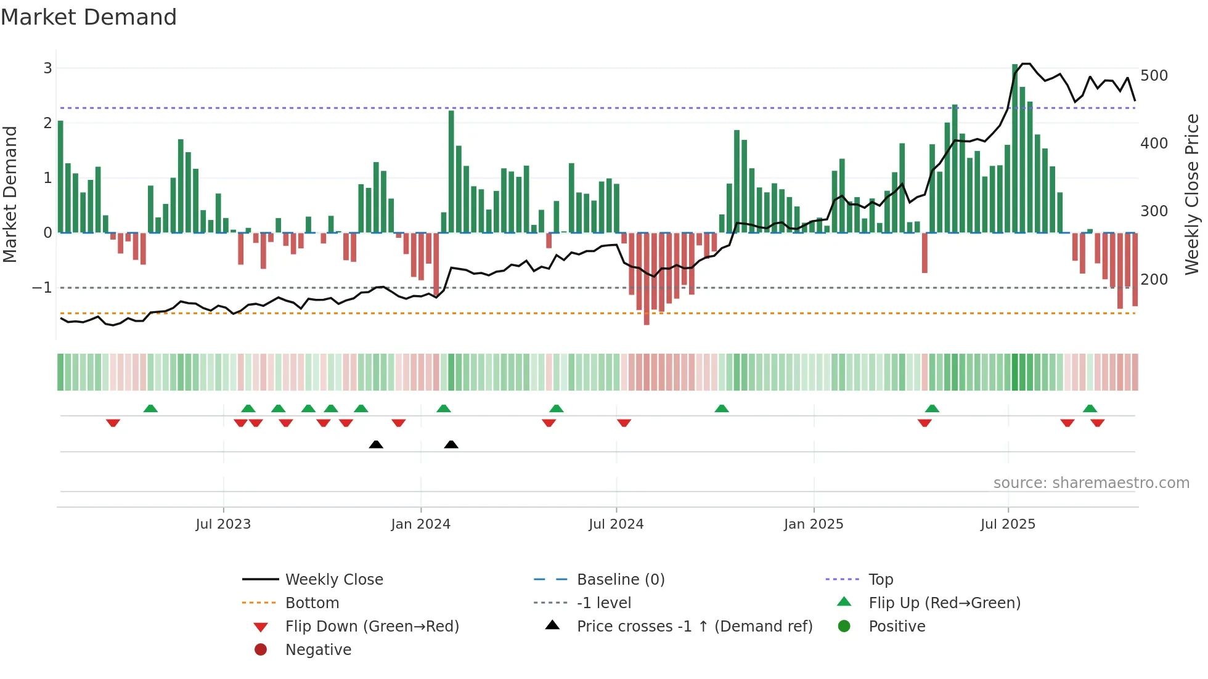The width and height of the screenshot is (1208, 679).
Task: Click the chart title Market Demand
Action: [89, 17]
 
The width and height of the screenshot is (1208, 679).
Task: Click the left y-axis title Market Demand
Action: [10, 195]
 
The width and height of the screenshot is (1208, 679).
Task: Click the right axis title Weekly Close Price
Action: [1192, 195]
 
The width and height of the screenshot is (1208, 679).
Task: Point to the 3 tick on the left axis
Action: [47, 68]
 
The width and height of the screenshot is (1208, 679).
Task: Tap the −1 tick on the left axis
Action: [42, 288]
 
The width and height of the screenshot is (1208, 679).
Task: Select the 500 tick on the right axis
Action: [1154, 76]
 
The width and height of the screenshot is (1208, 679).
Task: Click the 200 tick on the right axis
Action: [1154, 280]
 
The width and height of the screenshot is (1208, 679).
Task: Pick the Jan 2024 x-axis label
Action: [421, 524]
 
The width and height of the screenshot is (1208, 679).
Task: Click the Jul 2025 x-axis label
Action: [1008, 524]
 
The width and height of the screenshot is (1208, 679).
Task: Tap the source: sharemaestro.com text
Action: [1091, 483]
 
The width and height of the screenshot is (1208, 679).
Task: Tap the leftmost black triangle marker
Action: [376, 444]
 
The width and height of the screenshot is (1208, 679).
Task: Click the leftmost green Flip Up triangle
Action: [150, 409]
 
